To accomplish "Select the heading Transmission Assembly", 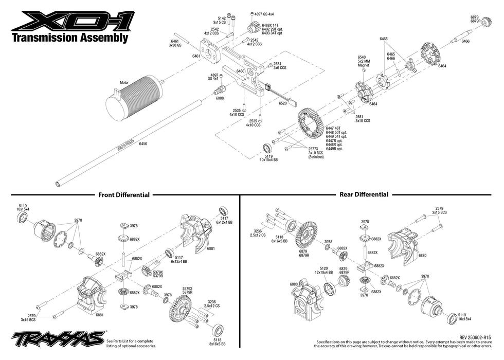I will click(69, 39).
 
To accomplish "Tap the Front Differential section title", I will click(124, 195).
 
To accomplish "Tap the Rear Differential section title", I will click(364, 194).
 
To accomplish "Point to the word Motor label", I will click(123, 82).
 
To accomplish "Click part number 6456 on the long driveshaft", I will click(143, 144).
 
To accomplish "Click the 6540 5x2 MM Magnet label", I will click(364, 61).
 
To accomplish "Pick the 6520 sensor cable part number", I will click(282, 103).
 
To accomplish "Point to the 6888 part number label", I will click(220, 98).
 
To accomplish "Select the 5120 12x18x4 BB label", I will click(323, 271).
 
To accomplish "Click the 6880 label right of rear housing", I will click(422, 255).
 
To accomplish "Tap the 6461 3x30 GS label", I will click(174, 43).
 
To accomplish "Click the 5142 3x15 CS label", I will click(220, 20).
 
